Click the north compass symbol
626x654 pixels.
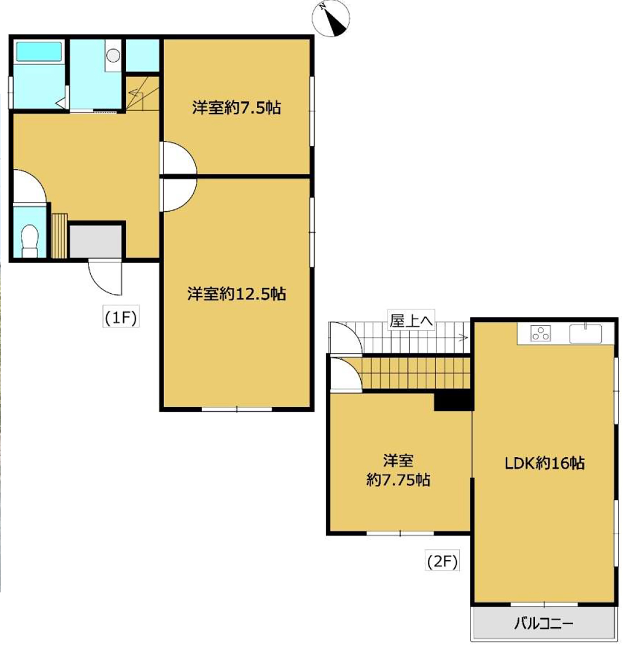[331, 19]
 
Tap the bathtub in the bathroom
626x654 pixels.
[39, 51]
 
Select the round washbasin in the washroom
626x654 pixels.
[113, 55]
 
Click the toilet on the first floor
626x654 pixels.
[29, 241]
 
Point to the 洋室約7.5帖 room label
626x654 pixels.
[237, 108]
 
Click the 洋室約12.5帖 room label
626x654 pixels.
[237, 294]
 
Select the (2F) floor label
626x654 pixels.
[442, 560]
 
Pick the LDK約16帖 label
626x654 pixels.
[545, 463]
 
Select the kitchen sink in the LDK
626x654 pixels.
[586, 333]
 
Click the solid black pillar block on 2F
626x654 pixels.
[453, 401]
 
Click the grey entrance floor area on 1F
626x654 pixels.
[95, 242]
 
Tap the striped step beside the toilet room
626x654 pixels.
[60, 236]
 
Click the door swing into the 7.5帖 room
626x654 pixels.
[178, 158]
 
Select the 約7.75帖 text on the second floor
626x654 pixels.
[398, 480]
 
